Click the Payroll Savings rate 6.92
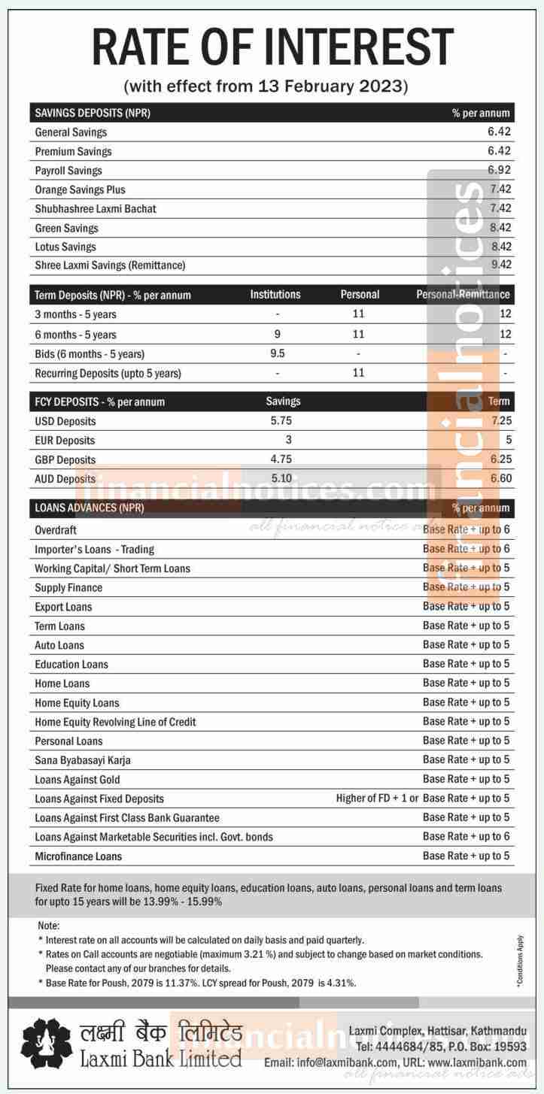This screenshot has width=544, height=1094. pos(499,171)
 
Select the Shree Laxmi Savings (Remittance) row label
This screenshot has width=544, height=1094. pos(110,265)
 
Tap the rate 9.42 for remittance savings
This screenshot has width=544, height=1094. pos(499,265)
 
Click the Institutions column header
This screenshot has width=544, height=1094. pos(275,295)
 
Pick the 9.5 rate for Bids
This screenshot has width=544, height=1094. pos(277,353)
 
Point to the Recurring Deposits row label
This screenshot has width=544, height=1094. pos(108,373)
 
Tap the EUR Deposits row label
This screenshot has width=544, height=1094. pos(65,441)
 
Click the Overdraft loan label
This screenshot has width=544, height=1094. pos(56,530)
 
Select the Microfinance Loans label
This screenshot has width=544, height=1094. pos(78,856)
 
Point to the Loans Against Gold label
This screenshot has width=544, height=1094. pos(77,780)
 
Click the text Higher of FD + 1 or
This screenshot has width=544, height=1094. pos(377,799)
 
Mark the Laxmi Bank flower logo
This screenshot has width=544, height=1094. pos(46,1046)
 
